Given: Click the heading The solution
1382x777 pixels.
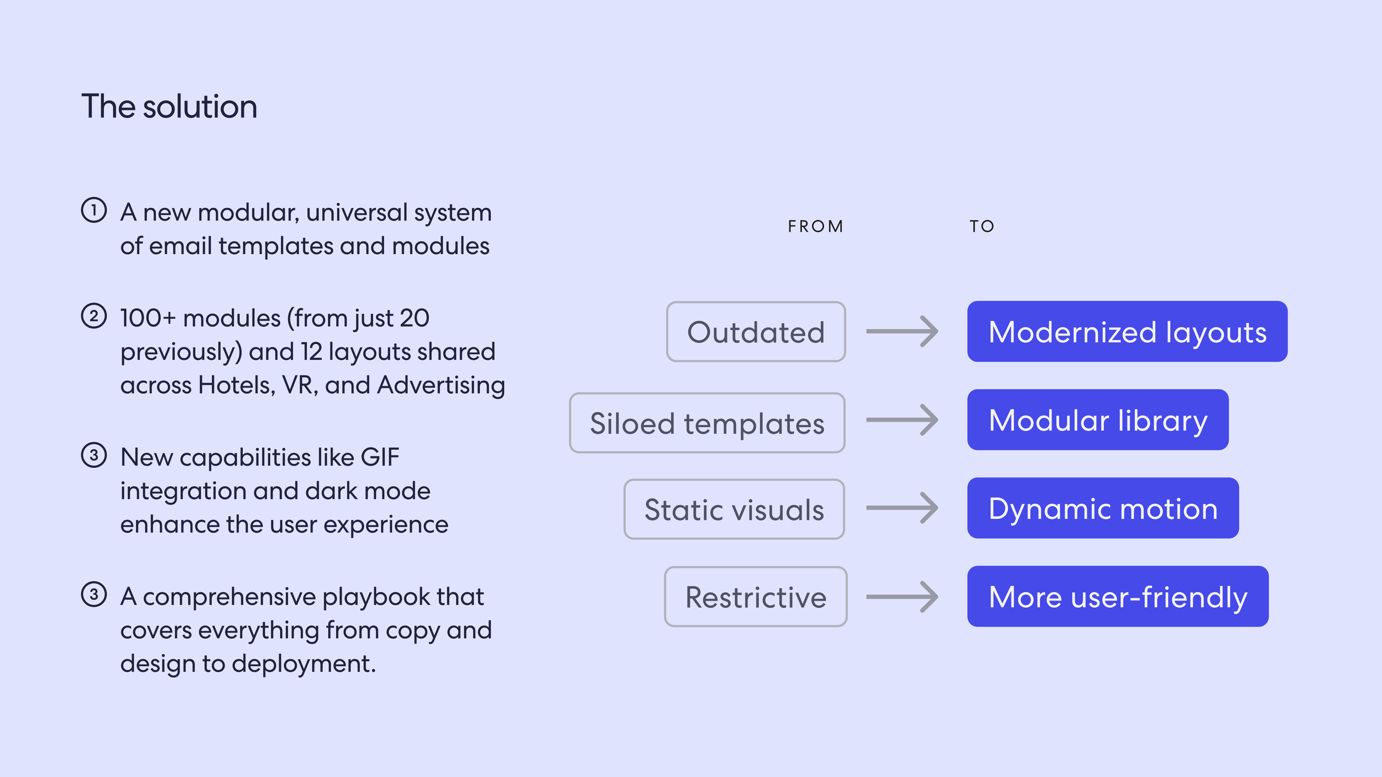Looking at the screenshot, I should click(x=169, y=106).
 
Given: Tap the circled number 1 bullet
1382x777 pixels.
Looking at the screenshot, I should click(x=94, y=211).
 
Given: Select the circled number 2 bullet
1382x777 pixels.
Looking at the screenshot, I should click(x=94, y=316).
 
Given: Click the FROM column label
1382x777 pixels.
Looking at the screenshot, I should click(x=815, y=227).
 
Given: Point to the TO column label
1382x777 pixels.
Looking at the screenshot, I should click(x=982, y=227).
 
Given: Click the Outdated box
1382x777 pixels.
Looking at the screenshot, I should click(x=756, y=332).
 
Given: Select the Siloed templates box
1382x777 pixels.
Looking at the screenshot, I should click(x=707, y=423).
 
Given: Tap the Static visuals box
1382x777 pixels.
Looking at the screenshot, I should click(x=734, y=510).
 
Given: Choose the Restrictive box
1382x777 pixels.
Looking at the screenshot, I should click(x=756, y=597).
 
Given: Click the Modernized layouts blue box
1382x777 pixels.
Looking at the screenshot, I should click(x=1127, y=332).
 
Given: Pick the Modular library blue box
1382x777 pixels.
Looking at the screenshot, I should click(x=1098, y=420).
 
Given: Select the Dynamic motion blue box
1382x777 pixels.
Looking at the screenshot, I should click(x=1103, y=508).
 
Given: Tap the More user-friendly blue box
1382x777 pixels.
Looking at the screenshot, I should click(x=1118, y=597).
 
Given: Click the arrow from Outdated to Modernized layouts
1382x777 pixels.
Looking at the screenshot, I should click(x=902, y=332).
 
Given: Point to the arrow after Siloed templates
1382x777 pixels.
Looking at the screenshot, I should click(x=902, y=420).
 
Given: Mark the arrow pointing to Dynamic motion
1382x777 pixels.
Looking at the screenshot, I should click(x=902, y=508).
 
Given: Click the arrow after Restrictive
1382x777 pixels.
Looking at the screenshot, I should click(x=902, y=597).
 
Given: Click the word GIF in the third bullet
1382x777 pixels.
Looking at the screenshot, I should click(x=380, y=458).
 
